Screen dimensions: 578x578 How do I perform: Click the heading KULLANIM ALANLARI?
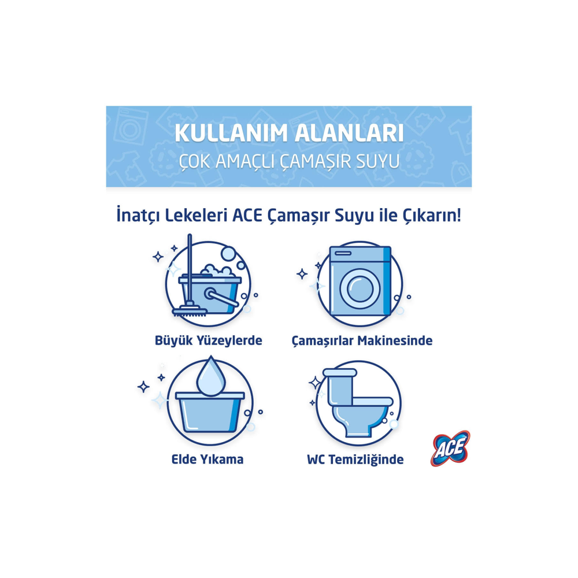point(288,133)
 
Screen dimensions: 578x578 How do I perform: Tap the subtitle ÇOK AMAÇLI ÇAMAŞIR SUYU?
point(288,161)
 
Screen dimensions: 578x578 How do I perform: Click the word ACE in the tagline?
point(248,216)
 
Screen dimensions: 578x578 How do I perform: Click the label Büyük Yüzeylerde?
point(209,340)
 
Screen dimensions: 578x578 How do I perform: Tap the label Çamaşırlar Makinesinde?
point(362,340)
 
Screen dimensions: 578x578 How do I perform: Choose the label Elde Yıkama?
point(208,460)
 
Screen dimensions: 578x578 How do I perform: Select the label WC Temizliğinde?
point(355,460)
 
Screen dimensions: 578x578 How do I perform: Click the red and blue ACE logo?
point(450,449)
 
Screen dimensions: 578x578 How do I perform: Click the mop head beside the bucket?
point(189,310)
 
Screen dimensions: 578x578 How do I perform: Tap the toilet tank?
point(339,384)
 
